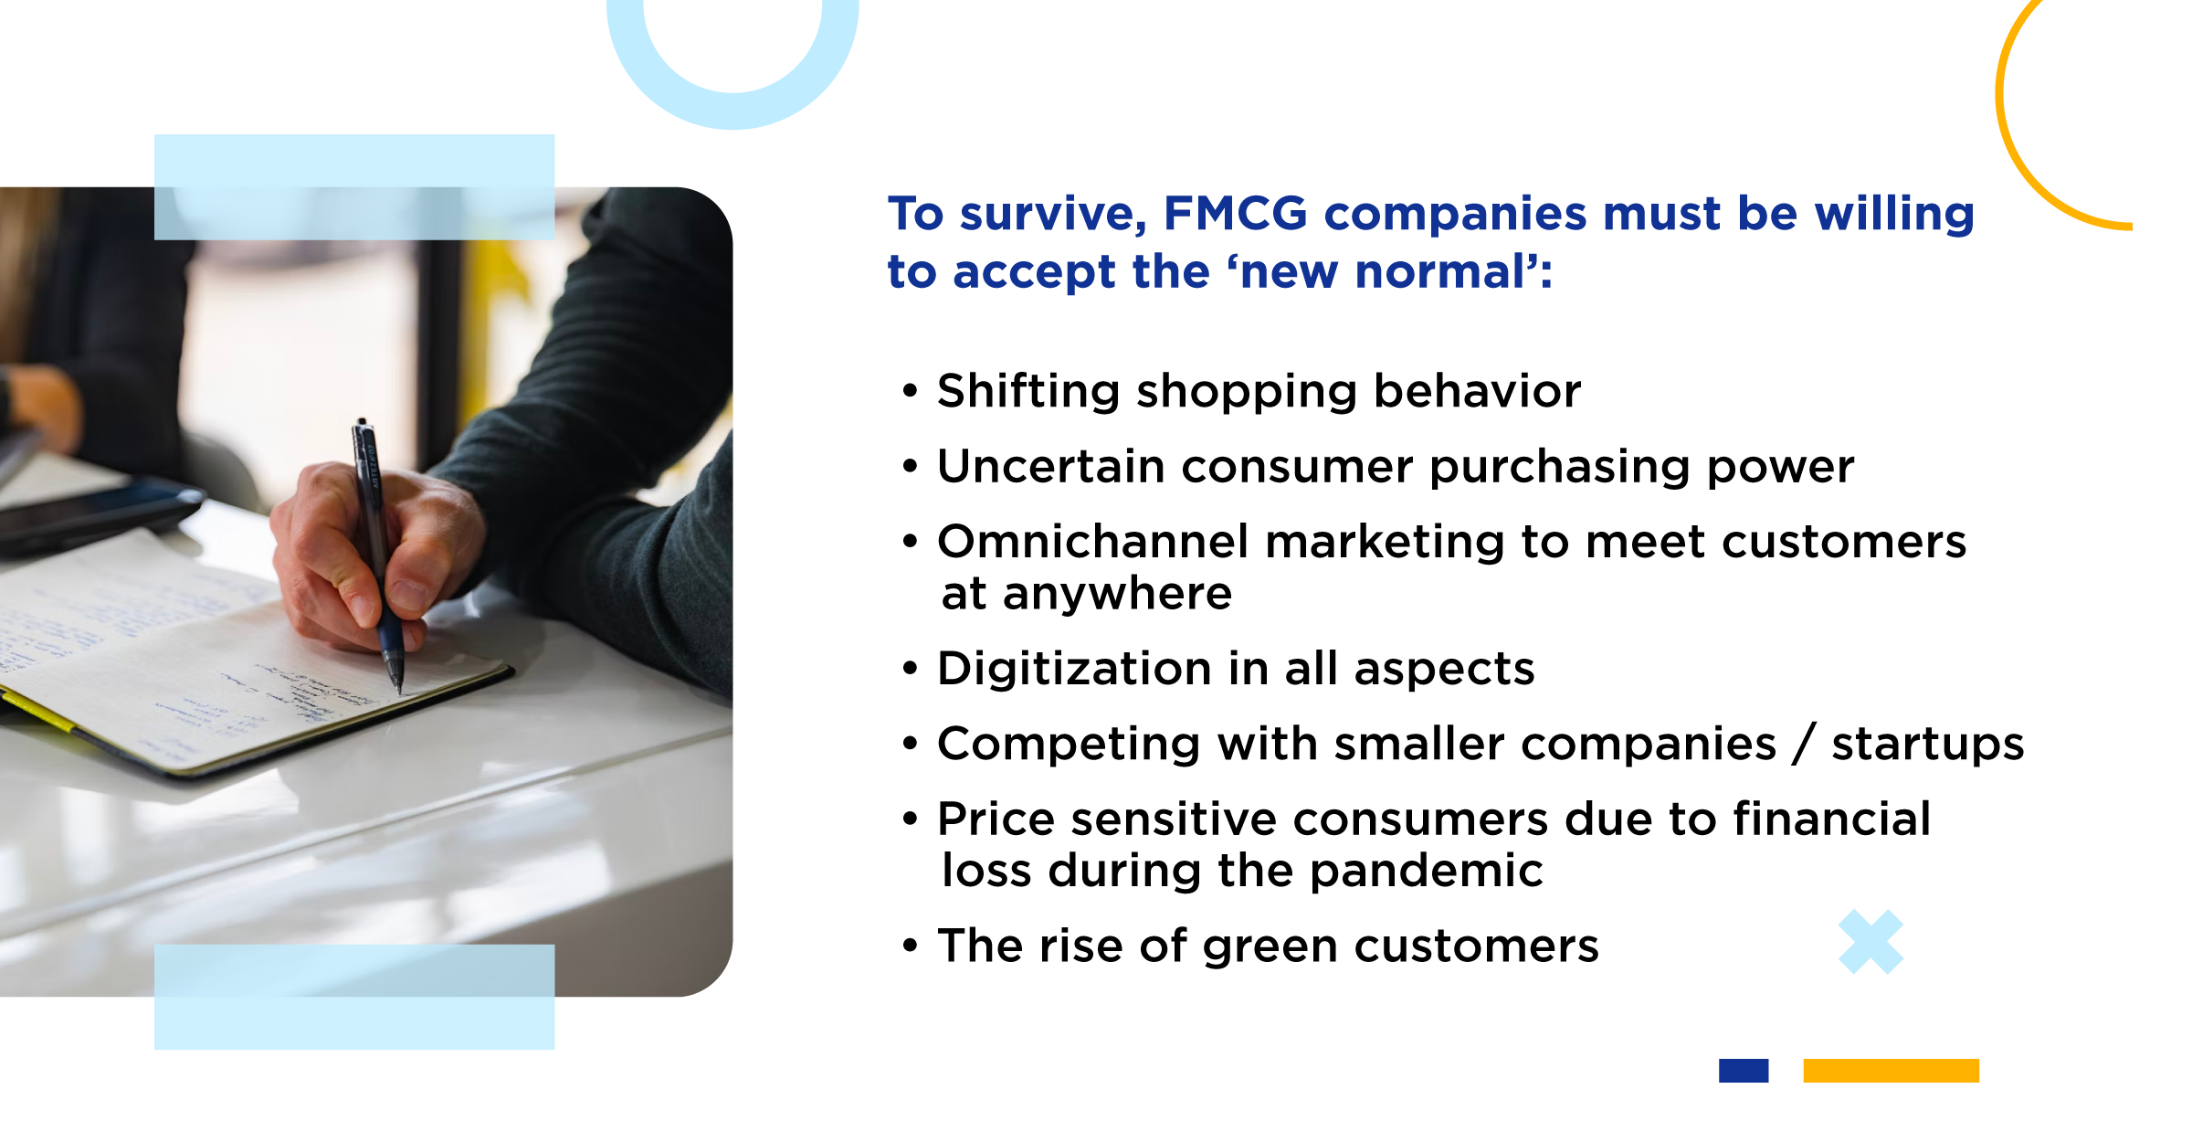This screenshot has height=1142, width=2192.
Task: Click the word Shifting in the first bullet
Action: click(1027, 392)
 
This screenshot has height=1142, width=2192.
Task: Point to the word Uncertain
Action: click(1051, 466)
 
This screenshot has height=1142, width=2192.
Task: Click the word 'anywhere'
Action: click(1118, 595)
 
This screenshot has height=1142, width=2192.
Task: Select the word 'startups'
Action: click(1928, 745)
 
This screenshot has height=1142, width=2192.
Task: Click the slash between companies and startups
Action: click(1804, 744)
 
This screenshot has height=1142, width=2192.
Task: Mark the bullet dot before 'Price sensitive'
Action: click(909, 818)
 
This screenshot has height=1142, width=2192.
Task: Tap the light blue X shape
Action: click(1871, 942)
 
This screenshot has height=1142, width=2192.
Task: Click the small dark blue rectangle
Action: click(1744, 1071)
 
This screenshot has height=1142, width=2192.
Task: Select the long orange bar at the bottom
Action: click(1891, 1071)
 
